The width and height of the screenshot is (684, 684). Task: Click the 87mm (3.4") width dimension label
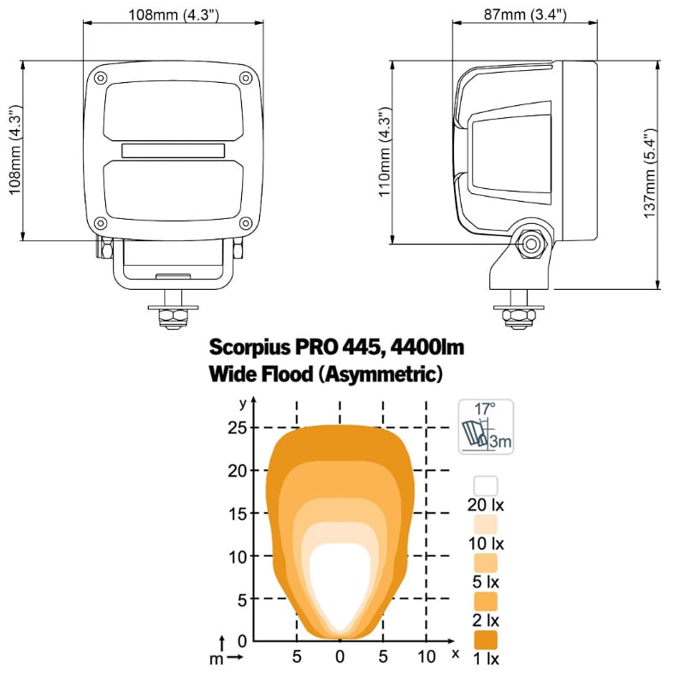(525, 15)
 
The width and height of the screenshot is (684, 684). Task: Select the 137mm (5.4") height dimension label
(650, 174)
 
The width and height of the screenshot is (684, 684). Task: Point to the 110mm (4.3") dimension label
(384, 152)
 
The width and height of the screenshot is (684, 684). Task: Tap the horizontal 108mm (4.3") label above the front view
(174, 15)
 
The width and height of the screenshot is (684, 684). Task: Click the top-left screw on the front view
(101, 79)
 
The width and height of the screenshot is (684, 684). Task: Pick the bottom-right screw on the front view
(246, 223)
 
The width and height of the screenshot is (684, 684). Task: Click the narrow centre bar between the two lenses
(174, 150)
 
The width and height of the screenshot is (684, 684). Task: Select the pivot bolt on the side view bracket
(531, 244)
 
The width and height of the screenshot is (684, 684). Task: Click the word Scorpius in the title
(250, 348)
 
